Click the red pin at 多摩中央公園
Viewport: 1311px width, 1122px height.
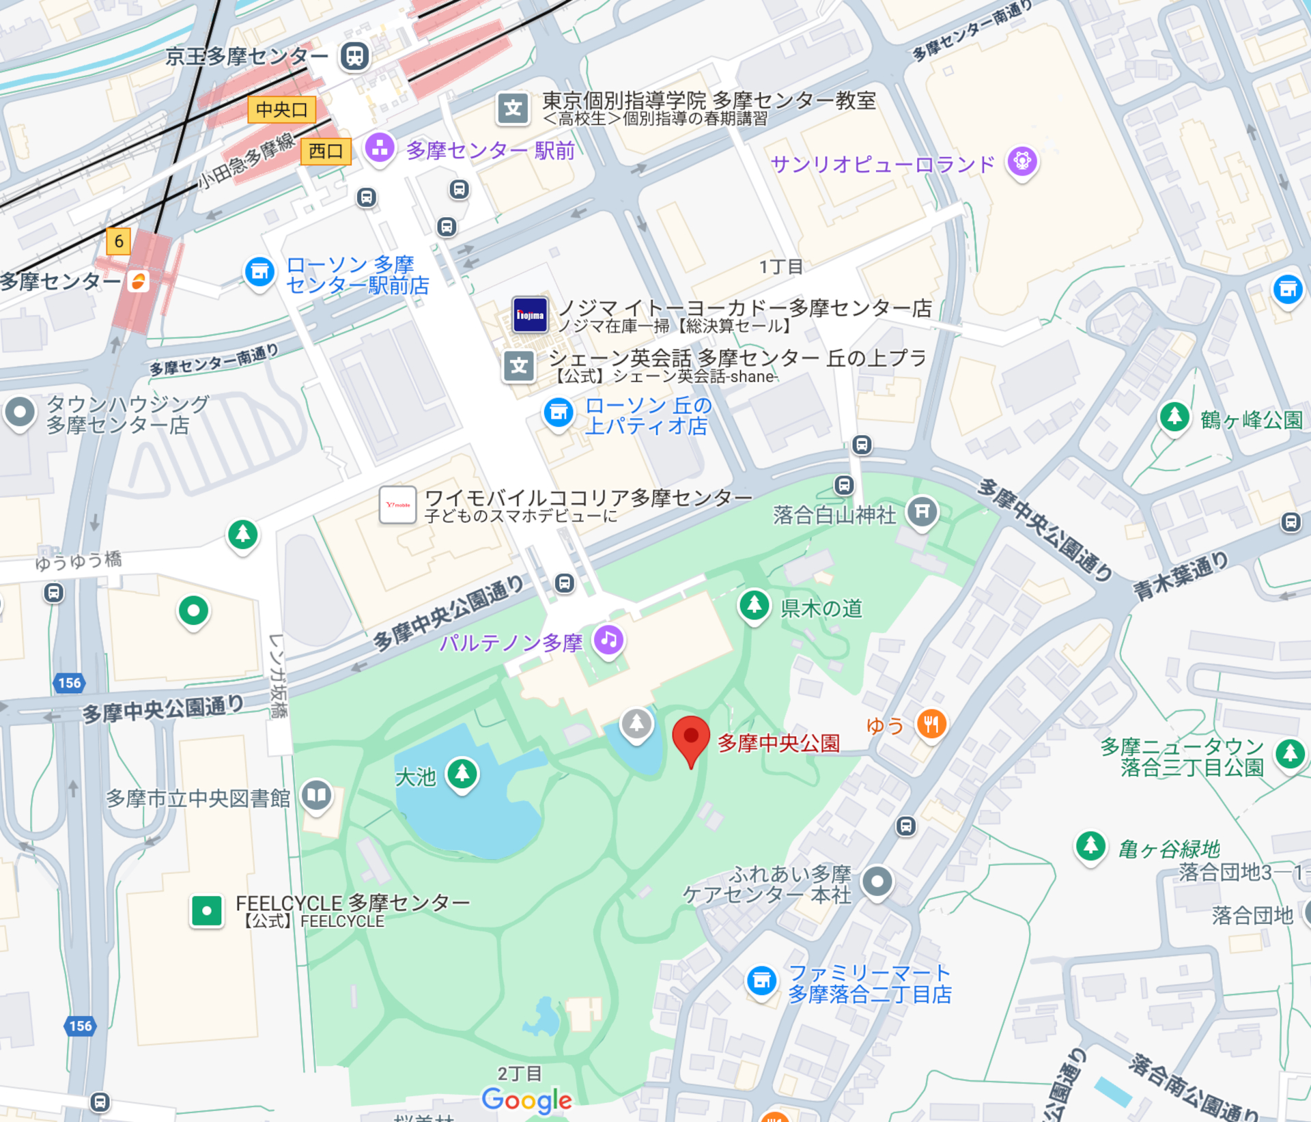[690, 738]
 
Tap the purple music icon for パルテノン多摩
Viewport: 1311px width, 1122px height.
[609, 640]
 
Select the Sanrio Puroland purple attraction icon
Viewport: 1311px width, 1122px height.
[1021, 162]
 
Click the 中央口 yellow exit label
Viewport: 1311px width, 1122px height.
[281, 109]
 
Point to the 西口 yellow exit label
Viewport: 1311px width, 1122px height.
[326, 151]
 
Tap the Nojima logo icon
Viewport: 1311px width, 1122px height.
[530, 315]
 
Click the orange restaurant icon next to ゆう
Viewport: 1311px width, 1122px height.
[931, 724]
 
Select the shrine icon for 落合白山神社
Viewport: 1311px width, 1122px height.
[922, 511]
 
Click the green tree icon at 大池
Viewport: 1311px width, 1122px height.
[462, 773]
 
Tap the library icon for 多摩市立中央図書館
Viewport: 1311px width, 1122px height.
[316, 795]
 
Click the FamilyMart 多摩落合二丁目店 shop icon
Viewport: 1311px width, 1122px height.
[761, 981]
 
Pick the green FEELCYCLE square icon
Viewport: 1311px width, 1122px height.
[206, 910]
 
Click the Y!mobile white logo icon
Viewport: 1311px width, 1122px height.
[397, 505]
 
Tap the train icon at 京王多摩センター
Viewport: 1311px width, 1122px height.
[354, 56]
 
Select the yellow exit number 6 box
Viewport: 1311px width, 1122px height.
[119, 241]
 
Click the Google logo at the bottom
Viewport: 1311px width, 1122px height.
[526, 1100]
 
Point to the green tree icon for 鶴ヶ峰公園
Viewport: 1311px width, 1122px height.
[1174, 416]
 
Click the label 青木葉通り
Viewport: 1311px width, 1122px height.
[1181, 576]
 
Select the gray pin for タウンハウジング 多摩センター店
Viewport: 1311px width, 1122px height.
[20, 412]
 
